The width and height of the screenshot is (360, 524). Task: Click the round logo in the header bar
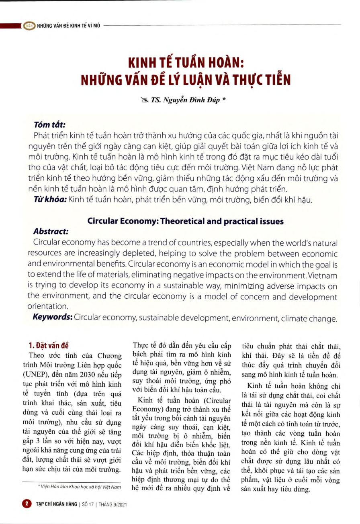pos(29,25)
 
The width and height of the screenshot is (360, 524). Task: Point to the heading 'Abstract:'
pos(51,232)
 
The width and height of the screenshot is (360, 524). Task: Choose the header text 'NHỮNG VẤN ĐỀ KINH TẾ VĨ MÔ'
pos(68,25)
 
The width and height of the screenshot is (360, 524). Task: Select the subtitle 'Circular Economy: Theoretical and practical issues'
pos(186,221)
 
